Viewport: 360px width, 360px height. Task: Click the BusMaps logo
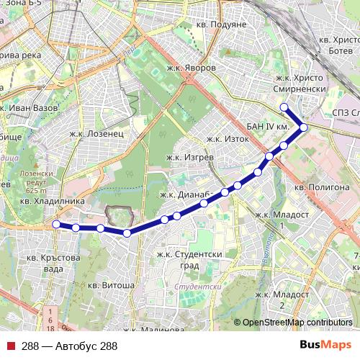[325, 346]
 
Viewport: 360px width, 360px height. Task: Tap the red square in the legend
[12, 346]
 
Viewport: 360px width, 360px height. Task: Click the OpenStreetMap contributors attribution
[297, 322]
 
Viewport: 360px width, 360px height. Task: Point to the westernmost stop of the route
[56, 225]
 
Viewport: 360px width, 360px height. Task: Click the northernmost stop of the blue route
[284, 107]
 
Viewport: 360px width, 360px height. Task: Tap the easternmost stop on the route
[304, 127]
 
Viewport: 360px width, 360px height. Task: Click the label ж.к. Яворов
[189, 66]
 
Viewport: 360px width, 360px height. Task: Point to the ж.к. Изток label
[227, 139]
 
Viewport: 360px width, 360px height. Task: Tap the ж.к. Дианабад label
[184, 194]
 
